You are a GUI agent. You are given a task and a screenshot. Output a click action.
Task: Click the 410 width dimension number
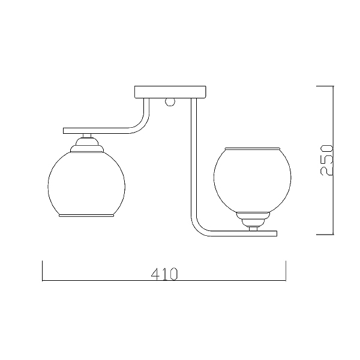(164, 274)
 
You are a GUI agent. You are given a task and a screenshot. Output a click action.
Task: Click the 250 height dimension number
(326, 160)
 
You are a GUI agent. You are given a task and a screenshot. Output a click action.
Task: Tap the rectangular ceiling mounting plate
(170, 92)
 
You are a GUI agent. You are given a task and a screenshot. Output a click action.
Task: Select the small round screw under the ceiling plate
(170, 102)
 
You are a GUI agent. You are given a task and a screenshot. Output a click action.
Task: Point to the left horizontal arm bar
(97, 131)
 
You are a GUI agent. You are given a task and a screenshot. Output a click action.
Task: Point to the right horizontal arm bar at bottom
(244, 233)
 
